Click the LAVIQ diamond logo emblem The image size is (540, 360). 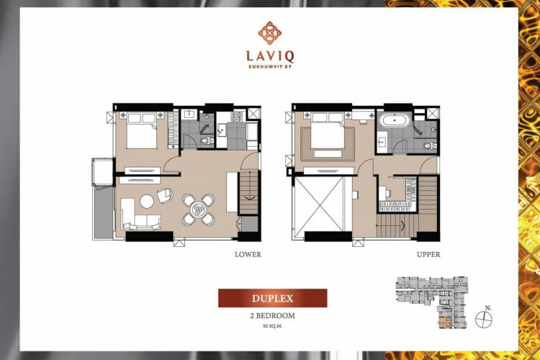click(270, 33)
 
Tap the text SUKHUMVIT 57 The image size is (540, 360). click(270, 67)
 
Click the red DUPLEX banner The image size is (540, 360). click(272, 298)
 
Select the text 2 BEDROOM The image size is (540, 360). click(272, 315)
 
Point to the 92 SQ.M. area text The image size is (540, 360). click(272, 326)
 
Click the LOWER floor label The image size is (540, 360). click(248, 255)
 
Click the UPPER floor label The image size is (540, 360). click(428, 255)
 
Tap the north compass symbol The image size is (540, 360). click(484, 320)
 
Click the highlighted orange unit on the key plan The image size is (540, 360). click(445, 323)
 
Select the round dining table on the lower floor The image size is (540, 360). click(199, 210)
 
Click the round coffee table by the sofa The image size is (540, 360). click(147, 202)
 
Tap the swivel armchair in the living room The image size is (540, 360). click(166, 195)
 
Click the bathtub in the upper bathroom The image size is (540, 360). click(395, 120)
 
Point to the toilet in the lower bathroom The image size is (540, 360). click(207, 140)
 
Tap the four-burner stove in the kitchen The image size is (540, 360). click(237, 117)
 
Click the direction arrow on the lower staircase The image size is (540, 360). click(248, 198)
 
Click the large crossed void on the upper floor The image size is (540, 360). click(319, 204)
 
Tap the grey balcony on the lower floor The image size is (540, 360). click(103, 213)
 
